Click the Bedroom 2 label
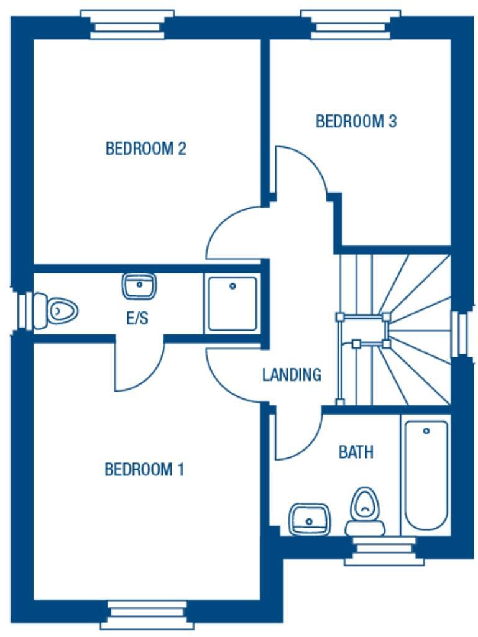[146, 149]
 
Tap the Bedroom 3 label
[356, 121]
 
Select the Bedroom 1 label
[144, 469]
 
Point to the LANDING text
[292, 375]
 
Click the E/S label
[137, 319]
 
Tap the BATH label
[356, 452]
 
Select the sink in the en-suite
[139, 286]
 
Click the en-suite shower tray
[232, 303]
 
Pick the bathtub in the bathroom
[426, 475]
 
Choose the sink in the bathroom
[308, 518]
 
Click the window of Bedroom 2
[127, 24]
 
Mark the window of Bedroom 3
[350, 24]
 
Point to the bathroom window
[385, 551]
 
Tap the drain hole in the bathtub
[426, 431]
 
